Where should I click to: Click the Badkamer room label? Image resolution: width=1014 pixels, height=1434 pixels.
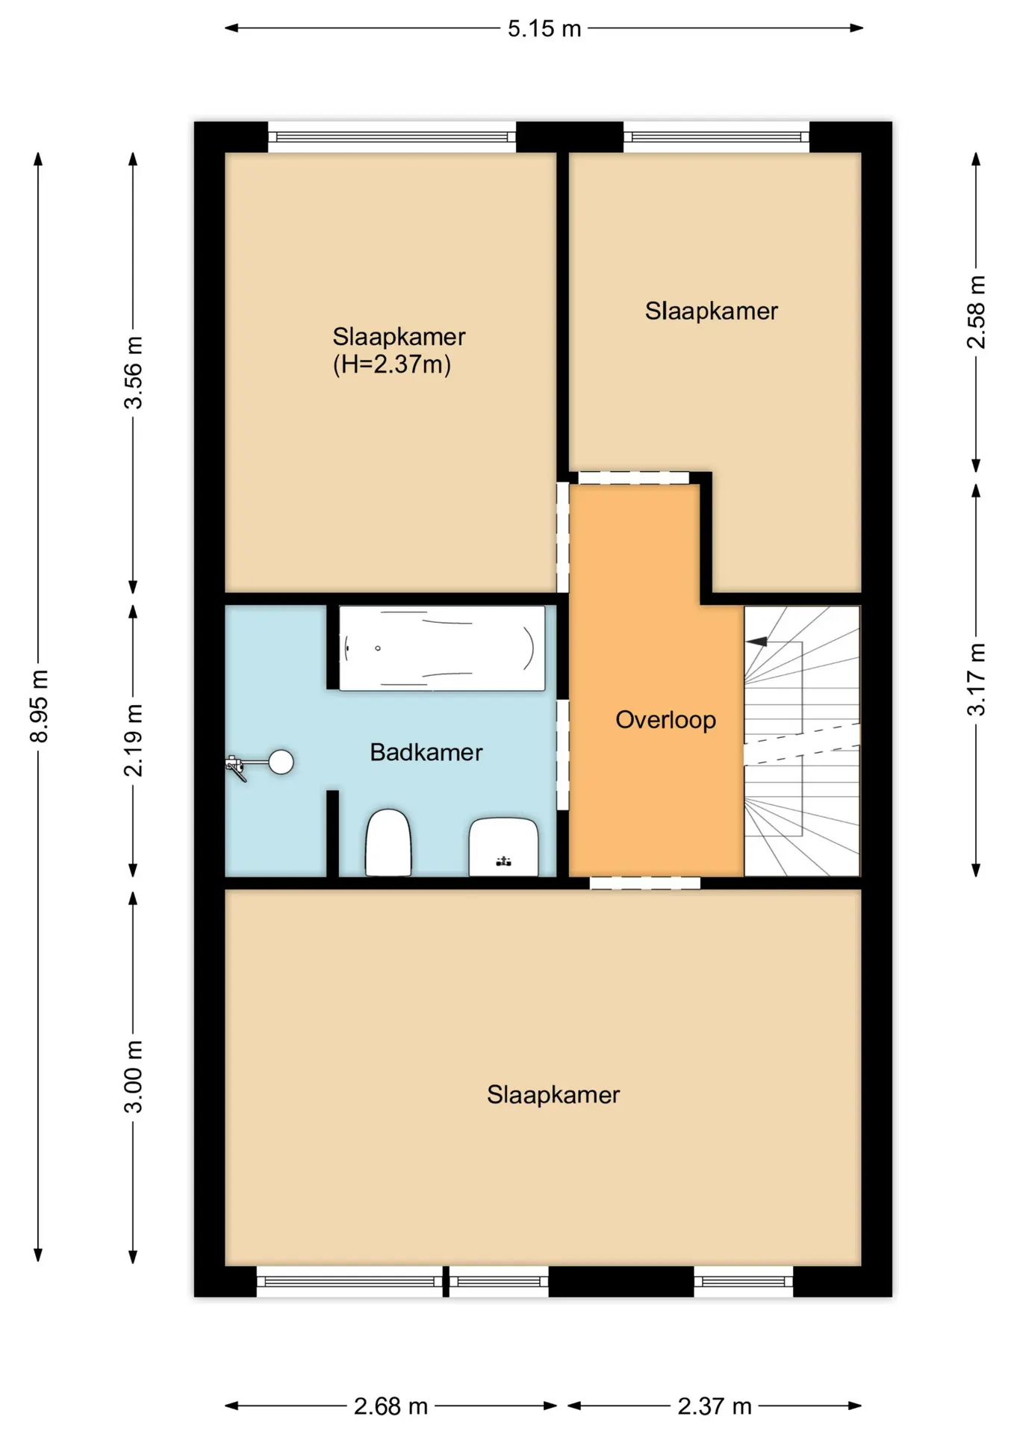(x=426, y=752)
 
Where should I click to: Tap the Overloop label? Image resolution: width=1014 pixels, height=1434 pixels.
(x=665, y=720)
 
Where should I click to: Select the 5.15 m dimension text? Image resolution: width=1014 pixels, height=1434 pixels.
(x=544, y=28)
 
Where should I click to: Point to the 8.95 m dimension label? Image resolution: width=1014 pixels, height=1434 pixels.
(x=39, y=707)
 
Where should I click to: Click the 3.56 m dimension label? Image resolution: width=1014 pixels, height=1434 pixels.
(x=133, y=373)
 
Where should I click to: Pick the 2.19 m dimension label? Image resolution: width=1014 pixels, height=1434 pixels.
(x=133, y=740)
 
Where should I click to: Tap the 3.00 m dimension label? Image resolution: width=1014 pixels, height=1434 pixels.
(x=133, y=1076)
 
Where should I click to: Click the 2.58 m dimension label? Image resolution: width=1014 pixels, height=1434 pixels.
(x=976, y=312)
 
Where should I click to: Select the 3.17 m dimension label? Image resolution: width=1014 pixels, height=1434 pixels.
(x=976, y=680)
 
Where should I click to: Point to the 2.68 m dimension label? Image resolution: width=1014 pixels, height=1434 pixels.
(x=391, y=1406)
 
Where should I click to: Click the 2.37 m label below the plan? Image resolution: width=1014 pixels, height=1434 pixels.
(x=715, y=1406)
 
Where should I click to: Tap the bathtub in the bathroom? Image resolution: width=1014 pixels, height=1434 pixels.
(x=442, y=648)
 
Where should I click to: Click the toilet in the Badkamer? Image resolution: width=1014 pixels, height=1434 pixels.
(x=388, y=842)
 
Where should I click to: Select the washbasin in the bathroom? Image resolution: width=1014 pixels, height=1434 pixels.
(x=504, y=847)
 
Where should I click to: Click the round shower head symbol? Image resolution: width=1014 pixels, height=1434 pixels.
(x=281, y=762)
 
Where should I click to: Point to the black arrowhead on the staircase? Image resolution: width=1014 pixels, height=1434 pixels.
(x=756, y=642)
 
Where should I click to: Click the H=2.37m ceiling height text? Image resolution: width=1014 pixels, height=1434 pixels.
(x=392, y=364)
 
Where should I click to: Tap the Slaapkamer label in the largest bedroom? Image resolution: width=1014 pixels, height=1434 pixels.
(x=553, y=1095)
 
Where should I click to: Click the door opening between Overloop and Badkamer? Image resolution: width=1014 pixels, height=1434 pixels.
(x=563, y=754)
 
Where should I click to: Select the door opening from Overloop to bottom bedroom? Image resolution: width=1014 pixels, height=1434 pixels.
(x=645, y=884)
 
